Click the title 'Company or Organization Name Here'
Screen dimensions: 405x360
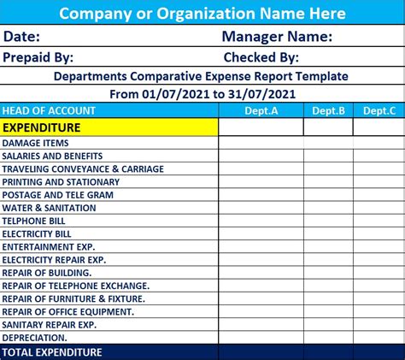point(202,13)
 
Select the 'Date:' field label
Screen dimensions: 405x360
point(22,37)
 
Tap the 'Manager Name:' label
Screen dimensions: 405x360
point(277,37)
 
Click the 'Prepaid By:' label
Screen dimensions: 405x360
point(38,57)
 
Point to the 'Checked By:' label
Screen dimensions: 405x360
point(261,57)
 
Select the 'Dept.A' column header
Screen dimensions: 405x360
point(261,110)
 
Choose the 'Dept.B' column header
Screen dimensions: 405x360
point(328,110)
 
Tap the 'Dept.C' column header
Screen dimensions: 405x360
point(379,110)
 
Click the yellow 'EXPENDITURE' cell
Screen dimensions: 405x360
point(42,127)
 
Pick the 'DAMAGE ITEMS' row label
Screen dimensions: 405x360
point(36,144)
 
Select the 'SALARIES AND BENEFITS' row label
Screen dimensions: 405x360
point(52,156)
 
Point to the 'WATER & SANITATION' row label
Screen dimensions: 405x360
point(49,208)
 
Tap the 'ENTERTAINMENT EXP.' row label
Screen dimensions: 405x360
point(50,246)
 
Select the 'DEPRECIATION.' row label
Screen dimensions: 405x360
point(36,337)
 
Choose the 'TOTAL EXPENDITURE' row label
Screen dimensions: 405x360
point(52,352)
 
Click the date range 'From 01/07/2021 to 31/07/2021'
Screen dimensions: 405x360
point(202,92)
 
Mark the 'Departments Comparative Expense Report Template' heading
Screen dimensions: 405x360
point(202,75)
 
